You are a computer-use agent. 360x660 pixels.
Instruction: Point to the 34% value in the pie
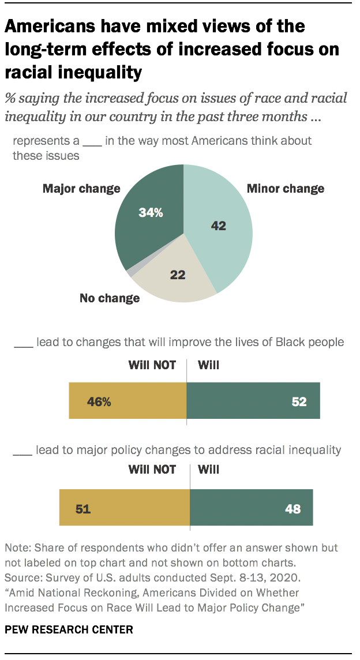pyautogui.click(x=151, y=213)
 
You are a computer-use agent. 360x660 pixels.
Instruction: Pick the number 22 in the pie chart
pyautogui.click(x=177, y=275)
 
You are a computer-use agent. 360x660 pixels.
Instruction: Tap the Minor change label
pyautogui.click(x=285, y=189)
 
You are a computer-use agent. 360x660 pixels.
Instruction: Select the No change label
pyautogui.click(x=109, y=298)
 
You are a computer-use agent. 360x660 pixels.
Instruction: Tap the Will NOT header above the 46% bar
pyautogui.click(x=152, y=365)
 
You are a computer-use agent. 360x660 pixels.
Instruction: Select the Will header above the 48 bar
pyautogui.click(x=208, y=470)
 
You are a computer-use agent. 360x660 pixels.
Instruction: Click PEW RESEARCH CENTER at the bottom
pyautogui.click(x=69, y=629)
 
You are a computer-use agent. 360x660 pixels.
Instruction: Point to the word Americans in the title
pyautogui.click(x=52, y=27)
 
